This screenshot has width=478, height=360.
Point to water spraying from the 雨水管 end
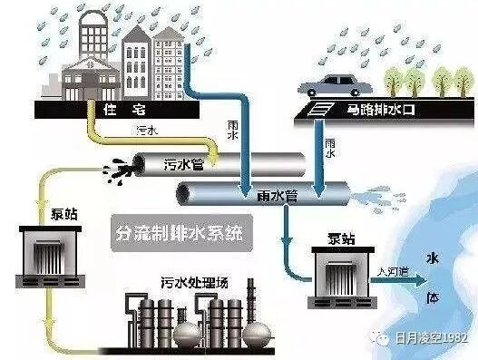[368, 195]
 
